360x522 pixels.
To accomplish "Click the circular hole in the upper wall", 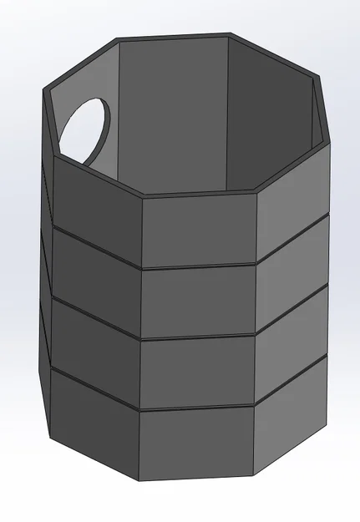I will tap(83, 129).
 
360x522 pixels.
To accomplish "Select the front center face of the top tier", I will tap(199, 231).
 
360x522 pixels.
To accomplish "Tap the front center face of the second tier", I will tap(199, 302).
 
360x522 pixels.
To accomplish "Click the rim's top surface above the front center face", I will tap(199, 195).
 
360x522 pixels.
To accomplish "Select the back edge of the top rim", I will tap(171, 38).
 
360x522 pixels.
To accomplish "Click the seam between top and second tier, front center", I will tap(199, 266).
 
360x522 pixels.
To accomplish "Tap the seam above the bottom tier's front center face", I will tap(197, 409).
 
